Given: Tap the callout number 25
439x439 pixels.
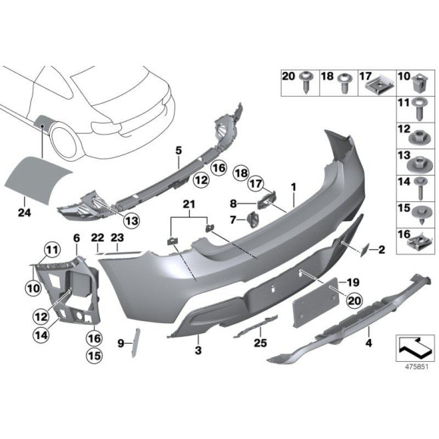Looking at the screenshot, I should [x=260, y=342].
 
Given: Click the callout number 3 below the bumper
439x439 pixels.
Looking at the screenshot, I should [x=198, y=350].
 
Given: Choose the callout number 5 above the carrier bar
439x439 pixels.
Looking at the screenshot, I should [x=179, y=151].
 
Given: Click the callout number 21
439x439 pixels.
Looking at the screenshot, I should [x=189, y=204].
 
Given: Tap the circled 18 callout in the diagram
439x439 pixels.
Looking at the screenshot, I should [x=241, y=173].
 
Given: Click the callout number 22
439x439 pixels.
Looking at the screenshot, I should [x=98, y=238].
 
